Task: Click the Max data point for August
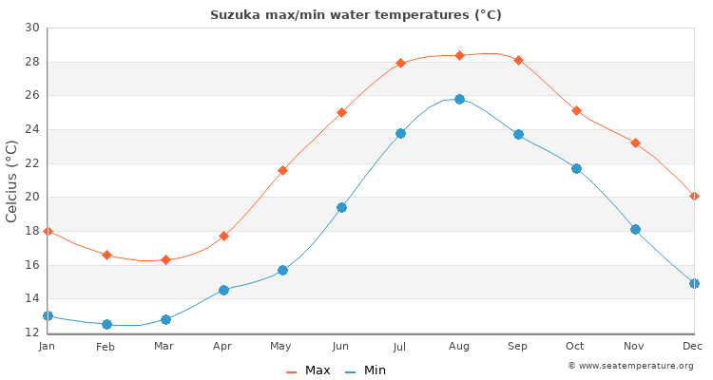pyautogui.click(x=459, y=56)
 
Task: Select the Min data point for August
pyautogui.click(x=459, y=100)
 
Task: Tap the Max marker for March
pyautogui.click(x=165, y=259)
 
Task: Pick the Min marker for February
pyautogui.click(x=106, y=324)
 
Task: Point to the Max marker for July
pyautogui.click(x=400, y=64)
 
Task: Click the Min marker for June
pyautogui.click(x=341, y=207)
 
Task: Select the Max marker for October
pyautogui.click(x=576, y=111)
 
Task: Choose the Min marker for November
pyautogui.click(x=635, y=229)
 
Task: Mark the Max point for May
pyautogui.click(x=282, y=171)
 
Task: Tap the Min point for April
pyautogui.click(x=223, y=290)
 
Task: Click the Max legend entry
pyautogui.click(x=308, y=370)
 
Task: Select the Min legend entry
pyautogui.click(x=366, y=370)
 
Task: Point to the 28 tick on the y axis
pyautogui.click(x=32, y=62)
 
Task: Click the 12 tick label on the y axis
pyautogui.click(x=32, y=332)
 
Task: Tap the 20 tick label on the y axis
pyautogui.click(x=32, y=197)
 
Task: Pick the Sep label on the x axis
pyautogui.click(x=517, y=347)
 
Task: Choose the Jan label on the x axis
pyautogui.click(x=48, y=347)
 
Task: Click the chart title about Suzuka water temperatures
pyautogui.click(x=356, y=14)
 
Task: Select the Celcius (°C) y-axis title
pyautogui.click(x=12, y=180)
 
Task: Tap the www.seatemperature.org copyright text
pyautogui.click(x=630, y=366)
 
